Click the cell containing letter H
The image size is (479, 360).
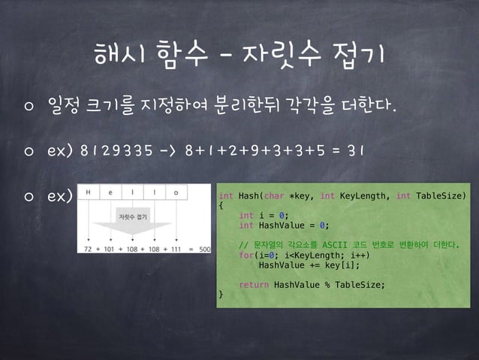(x=89, y=192)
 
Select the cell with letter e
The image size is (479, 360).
(x=112, y=192)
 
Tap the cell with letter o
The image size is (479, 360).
(x=176, y=192)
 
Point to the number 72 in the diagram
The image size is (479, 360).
(x=89, y=247)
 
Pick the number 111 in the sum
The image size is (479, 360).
(x=176, y=247)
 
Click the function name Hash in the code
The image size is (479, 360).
(x=248, y=195)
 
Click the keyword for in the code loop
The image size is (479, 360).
(x=245, y=255)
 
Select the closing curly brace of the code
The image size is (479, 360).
(x=221, y=294)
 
